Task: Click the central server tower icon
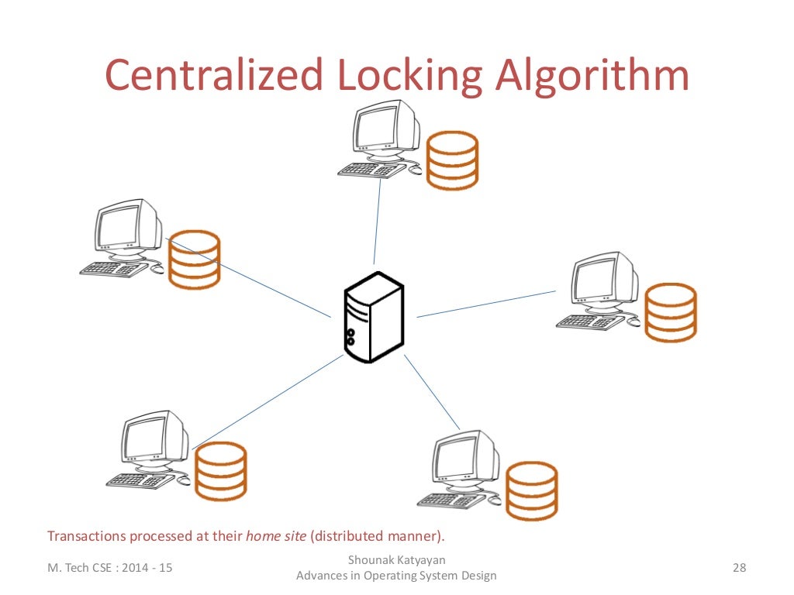click(x=373, y=317)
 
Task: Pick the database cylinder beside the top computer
click(x=453, y=160)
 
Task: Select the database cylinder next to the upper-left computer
click(x=195, y=259)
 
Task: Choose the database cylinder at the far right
click(x=671, y=312)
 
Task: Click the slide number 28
click(x=738, y=569)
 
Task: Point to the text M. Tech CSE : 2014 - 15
click(x=110, y=569)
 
